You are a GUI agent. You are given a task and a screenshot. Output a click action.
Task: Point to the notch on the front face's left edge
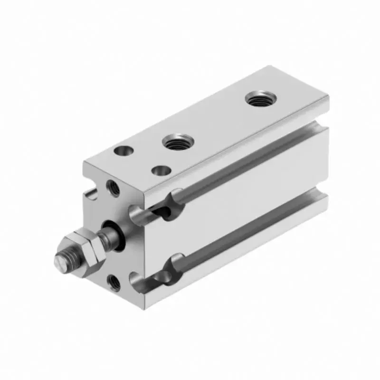point(90,194)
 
